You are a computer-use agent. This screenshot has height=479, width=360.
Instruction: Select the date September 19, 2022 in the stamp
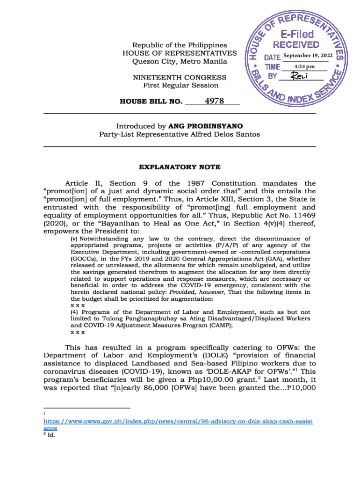[x=308, y=56]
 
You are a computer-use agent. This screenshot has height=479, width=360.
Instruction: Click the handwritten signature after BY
[x=301, y=76]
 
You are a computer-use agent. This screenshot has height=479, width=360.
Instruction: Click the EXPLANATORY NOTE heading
[x=180, y=167]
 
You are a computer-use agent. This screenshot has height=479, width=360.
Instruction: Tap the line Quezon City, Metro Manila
[x=180, y=61]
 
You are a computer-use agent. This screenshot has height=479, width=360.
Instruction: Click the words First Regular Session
[x=180, y=85]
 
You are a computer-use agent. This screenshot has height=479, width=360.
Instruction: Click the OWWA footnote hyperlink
[x=178, y=421]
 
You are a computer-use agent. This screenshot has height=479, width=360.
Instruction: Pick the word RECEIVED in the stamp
[x=296, y=45]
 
